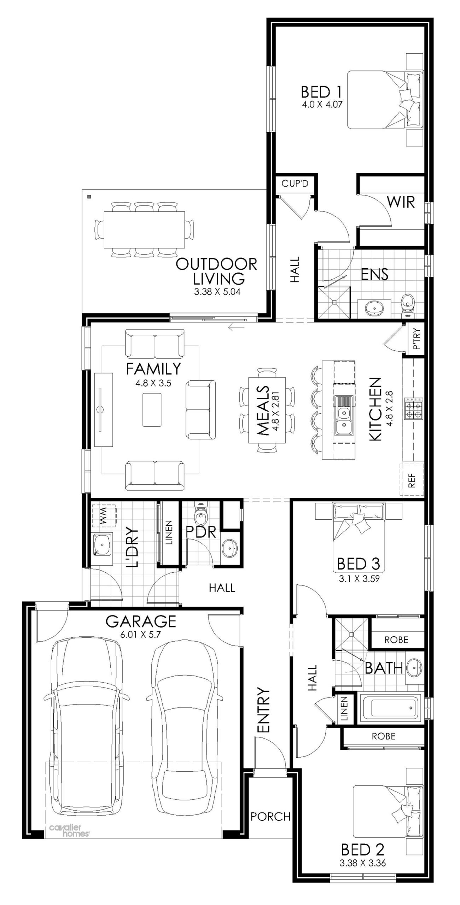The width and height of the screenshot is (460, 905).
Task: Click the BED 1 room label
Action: pos(321,93)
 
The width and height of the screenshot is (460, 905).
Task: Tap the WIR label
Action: pos(401,202)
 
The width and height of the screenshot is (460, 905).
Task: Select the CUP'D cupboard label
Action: pos(295,184)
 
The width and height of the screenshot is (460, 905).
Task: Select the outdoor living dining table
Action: pos(145,230)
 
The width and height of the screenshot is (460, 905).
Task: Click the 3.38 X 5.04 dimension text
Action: pos(217,292)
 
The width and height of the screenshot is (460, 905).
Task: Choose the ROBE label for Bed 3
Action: pos(396,640)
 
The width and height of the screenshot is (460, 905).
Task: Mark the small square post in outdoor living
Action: pos(90,197)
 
